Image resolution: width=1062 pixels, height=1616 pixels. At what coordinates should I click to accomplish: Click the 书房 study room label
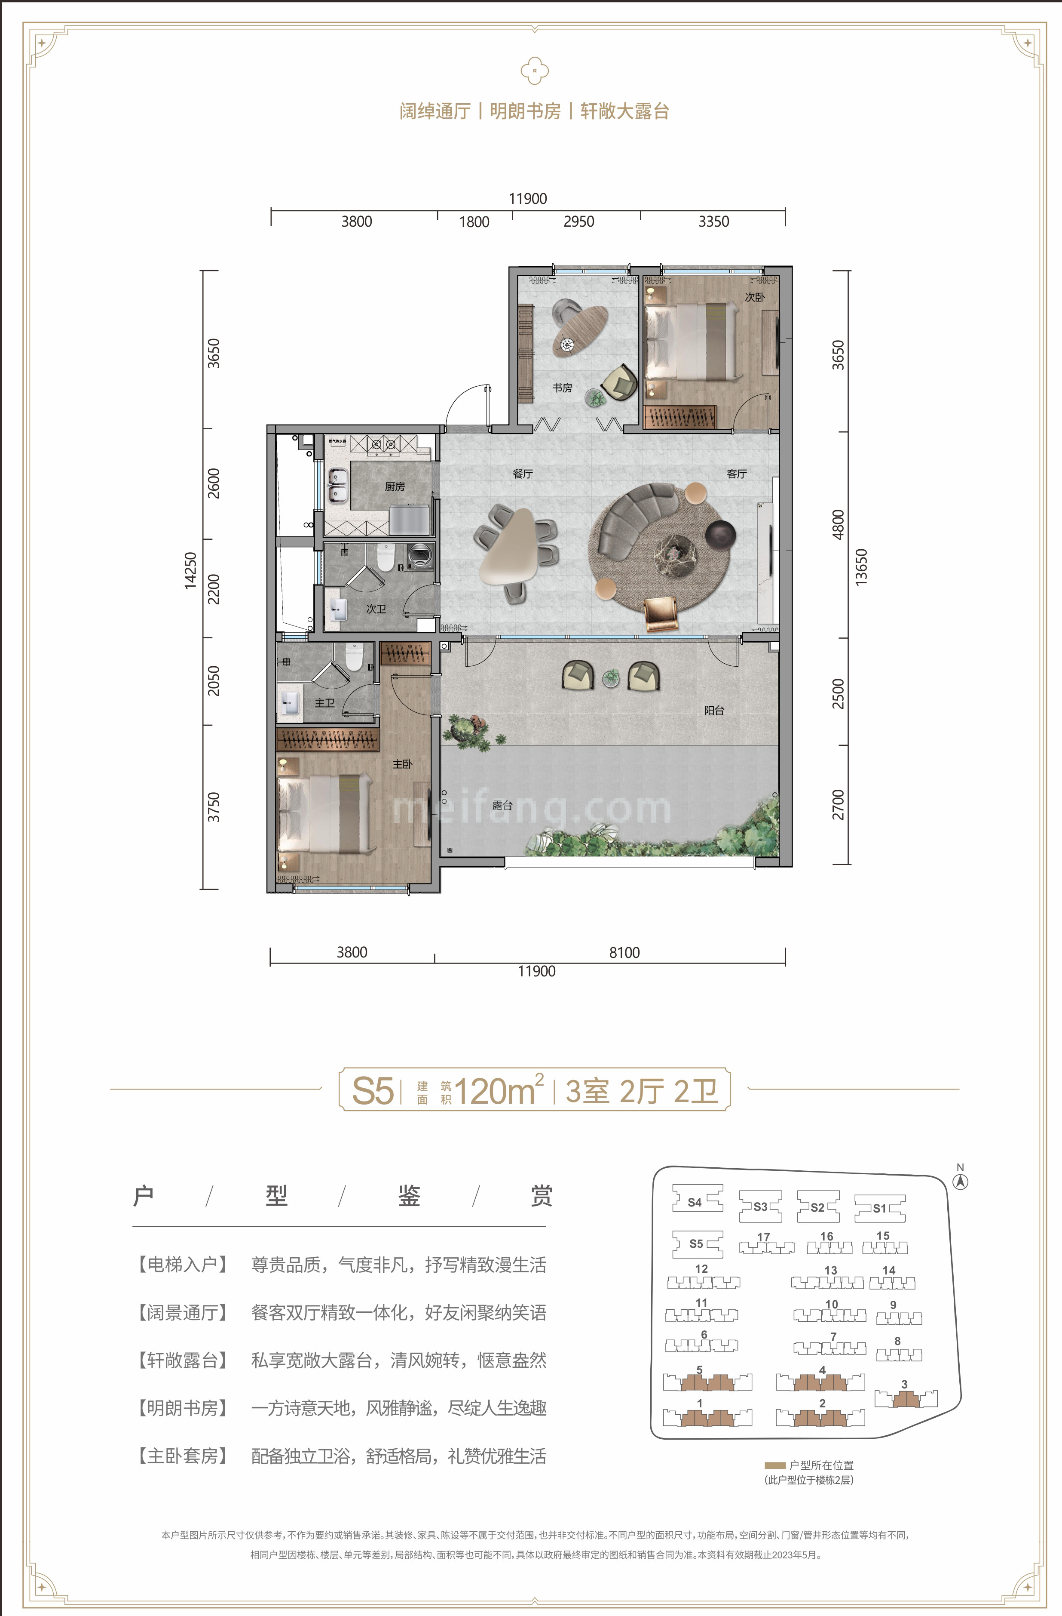click(x=562, y=388)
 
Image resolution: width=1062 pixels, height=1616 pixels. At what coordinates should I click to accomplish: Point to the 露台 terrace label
click(x=502, y=805)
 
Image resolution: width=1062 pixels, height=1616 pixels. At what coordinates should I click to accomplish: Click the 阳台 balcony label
click(x=714, y=710)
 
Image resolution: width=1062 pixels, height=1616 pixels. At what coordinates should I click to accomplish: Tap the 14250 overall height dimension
click(x=191, y=570)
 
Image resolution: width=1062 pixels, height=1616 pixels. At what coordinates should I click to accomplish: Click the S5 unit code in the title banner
click(x=373, y=1090)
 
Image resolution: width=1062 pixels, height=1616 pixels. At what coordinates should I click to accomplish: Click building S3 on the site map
click(x=760, y=1207)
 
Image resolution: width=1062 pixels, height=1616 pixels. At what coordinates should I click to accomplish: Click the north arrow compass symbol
click(x=960, y=1181)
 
